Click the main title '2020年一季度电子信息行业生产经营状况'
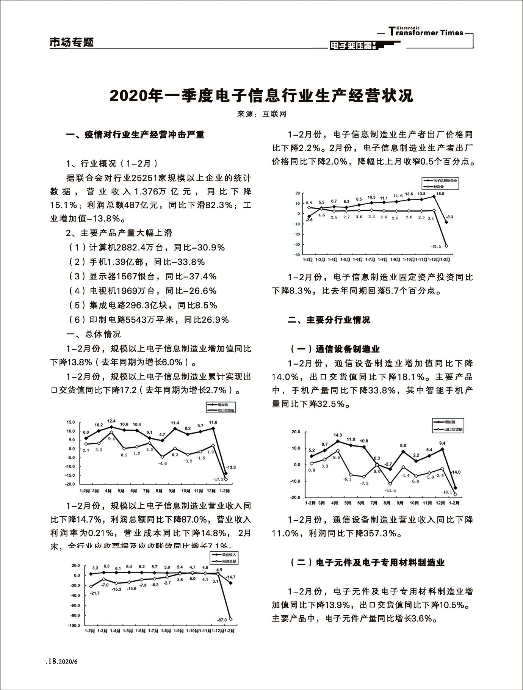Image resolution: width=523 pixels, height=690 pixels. click(261, 96)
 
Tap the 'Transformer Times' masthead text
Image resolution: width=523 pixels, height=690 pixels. click(426, 32)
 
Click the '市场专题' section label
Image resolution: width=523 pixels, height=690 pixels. click(72, 42)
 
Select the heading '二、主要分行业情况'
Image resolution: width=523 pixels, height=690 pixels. click(329, 320)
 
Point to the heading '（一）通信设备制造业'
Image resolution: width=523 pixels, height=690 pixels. click(335, 349)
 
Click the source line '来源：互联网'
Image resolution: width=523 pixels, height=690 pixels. click(261, 114)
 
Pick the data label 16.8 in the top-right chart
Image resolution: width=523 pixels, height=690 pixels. click(440, 194)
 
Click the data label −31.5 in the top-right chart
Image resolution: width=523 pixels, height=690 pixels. click(435, 246)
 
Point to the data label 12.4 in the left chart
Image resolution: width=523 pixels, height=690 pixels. click(111, 421)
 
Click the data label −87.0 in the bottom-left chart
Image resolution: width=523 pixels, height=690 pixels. click(221, 620)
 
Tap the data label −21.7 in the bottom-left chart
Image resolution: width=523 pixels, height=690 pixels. click(95, 593)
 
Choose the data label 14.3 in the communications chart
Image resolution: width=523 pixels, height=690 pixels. click(337, 435)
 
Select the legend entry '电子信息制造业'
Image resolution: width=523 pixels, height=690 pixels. click(445, 180)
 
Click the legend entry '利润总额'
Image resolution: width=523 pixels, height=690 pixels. click(229, 561)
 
